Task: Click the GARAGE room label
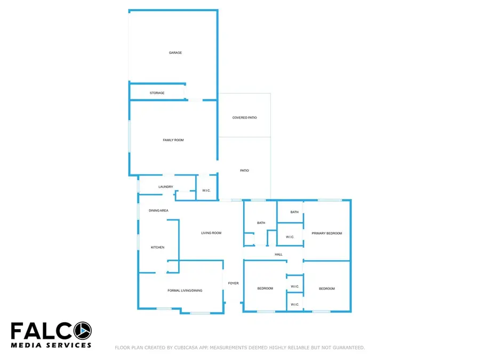click(x=175, y=53)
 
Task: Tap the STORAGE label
click(x=157, y=93)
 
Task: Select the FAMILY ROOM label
click(x=173, y=140)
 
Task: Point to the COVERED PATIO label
click(x=245, y=117)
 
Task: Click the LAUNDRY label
click(x=166, y=187)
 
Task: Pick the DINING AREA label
click(x=158, y=211)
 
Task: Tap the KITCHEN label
click(x=158, y=247)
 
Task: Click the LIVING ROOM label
click(x=211, y=233)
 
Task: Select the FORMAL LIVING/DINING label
click(x=185, y=291)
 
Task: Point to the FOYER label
click(x=233, y=283)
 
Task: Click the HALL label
click(x=278, y=254)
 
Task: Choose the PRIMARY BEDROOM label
click(x=327, y=233)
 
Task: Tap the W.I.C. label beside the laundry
click(x=206, y=190)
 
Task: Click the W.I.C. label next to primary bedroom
click(x=290, y=237)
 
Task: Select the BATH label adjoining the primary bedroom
click(x=294, y=212)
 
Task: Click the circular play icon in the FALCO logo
click(x=83, y=331)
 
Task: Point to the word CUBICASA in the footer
click(x=187, y=348)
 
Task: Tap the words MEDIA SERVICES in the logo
click(x=51, y=345)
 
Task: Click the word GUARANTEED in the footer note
click(x=349, y=348)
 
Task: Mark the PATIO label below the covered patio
click(x=245, y=171)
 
